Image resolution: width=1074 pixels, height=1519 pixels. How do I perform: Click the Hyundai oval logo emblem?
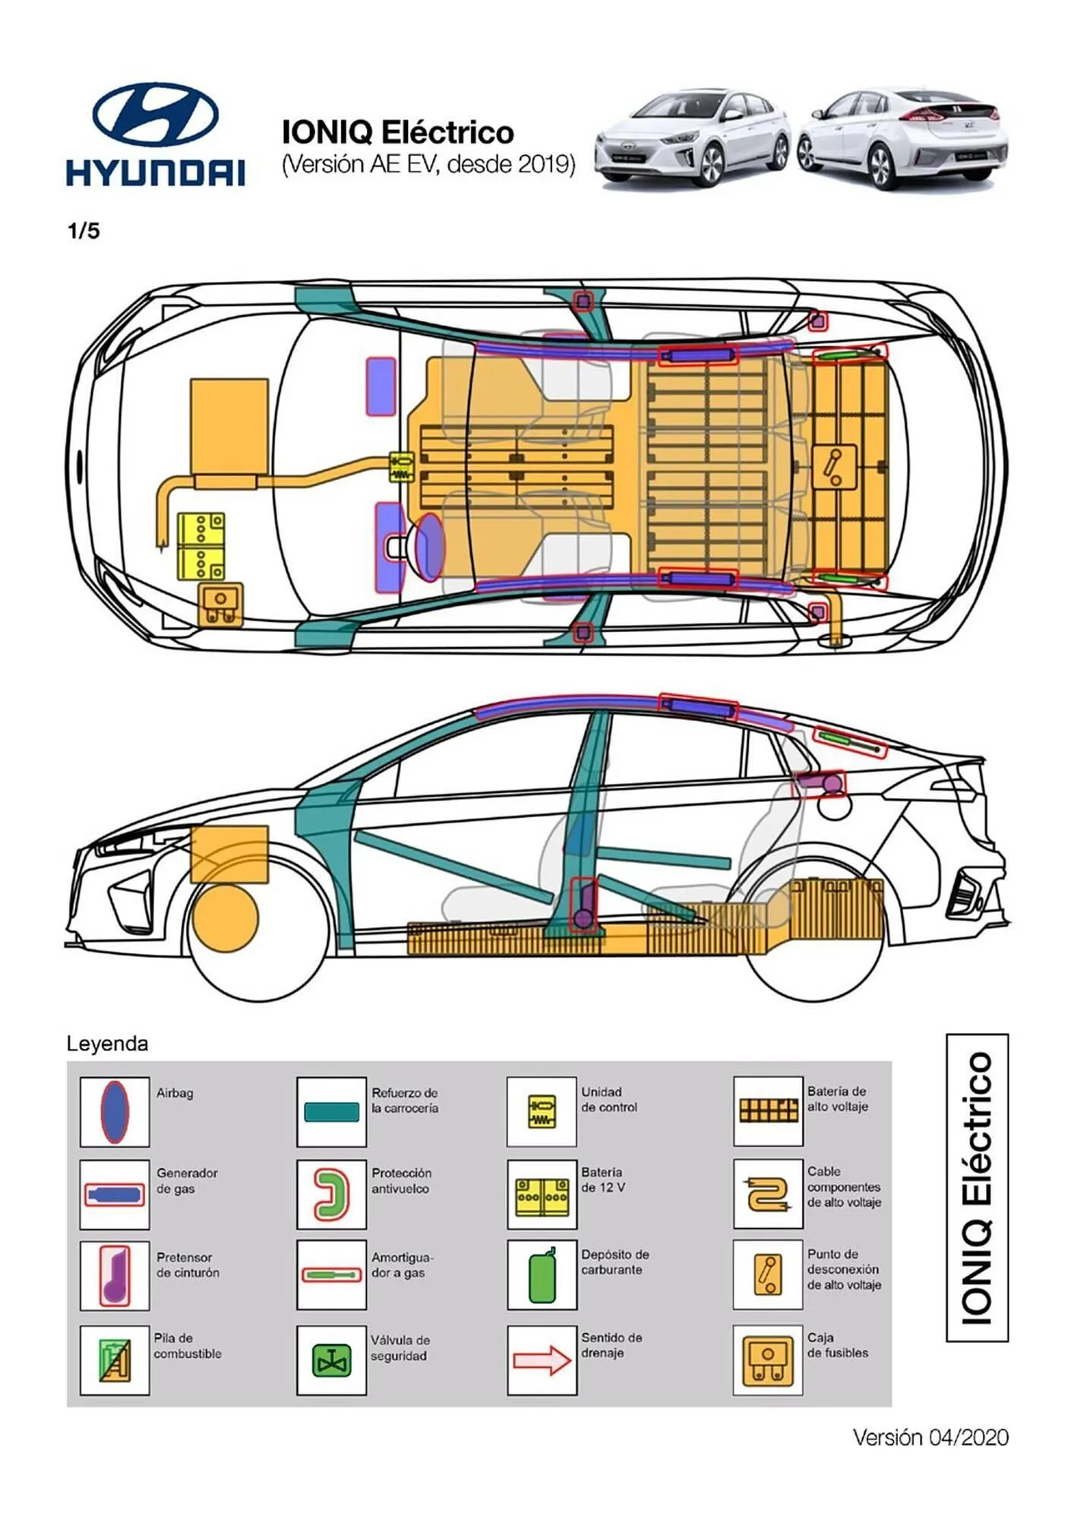pyautogui.click(x=155, y=115)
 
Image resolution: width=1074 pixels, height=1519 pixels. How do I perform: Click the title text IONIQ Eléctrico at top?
pyautogui.click(x=397, y=132)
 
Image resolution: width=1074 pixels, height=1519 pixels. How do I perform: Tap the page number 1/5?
pyautogui.click(x=84, y=231)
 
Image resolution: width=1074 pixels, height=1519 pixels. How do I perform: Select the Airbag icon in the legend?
pyautogui.click(x=115, y=1111)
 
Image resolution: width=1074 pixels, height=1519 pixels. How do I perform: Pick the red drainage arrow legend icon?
pyautogui.click(x=542, y=1360)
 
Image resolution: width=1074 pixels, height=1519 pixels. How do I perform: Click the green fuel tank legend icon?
pyautogui.click(x=542, y=1276)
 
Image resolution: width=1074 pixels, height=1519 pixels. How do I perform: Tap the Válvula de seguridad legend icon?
pyautogui.click(x=331, y=1360)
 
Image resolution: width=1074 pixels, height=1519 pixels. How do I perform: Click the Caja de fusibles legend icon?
pyautogui.click(x=767, y=1360)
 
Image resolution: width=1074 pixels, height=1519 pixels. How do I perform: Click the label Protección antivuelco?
pyautogui.click(x=401, y=1181)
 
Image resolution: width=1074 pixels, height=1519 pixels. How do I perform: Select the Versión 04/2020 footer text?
pyautogui.click(x=930, y=1437)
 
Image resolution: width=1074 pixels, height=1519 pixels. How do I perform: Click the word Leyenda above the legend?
pyautogui.click(x=107, y=1044)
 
